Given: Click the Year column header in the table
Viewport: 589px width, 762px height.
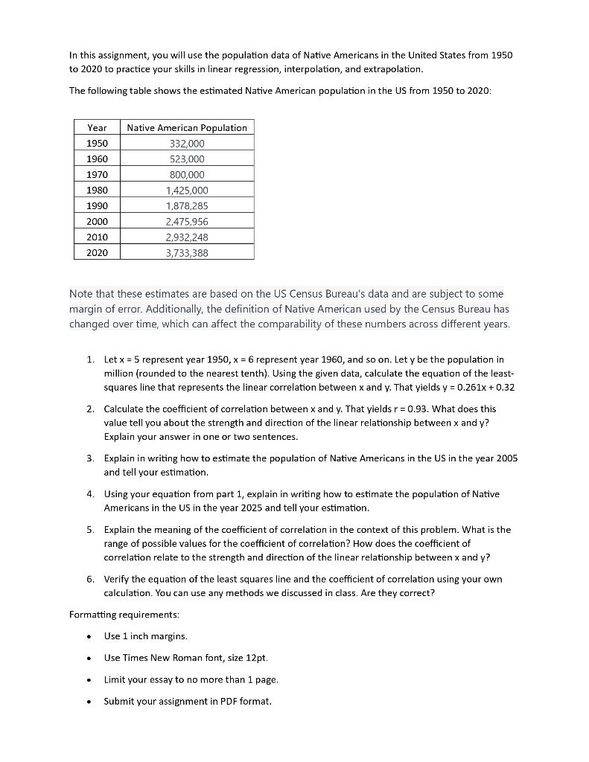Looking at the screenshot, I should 97,128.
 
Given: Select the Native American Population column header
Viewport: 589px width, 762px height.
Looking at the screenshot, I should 186,128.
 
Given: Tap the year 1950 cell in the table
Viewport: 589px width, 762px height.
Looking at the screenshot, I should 97,144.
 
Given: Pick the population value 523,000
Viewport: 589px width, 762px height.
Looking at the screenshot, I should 186,159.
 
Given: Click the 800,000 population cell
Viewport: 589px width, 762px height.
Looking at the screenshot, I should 186,175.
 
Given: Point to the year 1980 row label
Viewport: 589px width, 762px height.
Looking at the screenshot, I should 97,190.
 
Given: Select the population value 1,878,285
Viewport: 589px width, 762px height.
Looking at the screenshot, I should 186,206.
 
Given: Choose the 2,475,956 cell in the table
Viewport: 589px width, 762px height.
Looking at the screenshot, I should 186,222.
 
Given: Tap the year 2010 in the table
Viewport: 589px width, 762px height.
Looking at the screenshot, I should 97,237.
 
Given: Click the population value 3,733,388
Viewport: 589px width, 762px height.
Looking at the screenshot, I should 186,253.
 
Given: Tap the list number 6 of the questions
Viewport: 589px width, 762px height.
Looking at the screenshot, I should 89,579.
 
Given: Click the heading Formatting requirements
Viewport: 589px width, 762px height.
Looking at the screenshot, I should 124,615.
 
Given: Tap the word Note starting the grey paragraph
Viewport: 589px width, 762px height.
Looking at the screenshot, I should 82,295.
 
